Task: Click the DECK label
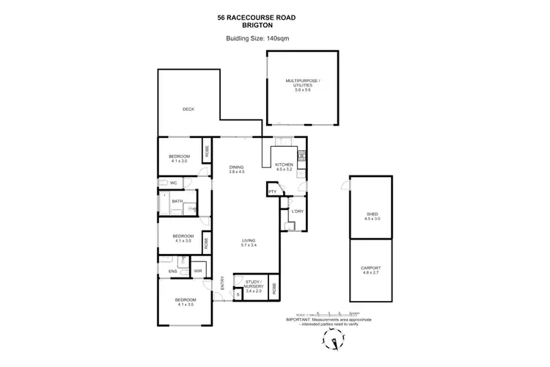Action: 188,109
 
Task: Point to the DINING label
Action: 235,167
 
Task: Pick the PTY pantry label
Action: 271,192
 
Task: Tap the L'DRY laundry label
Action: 297,211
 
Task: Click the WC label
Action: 174,183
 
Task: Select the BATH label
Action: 177,201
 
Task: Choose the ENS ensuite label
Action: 172,272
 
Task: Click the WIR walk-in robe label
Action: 197,272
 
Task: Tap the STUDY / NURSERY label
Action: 253,283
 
